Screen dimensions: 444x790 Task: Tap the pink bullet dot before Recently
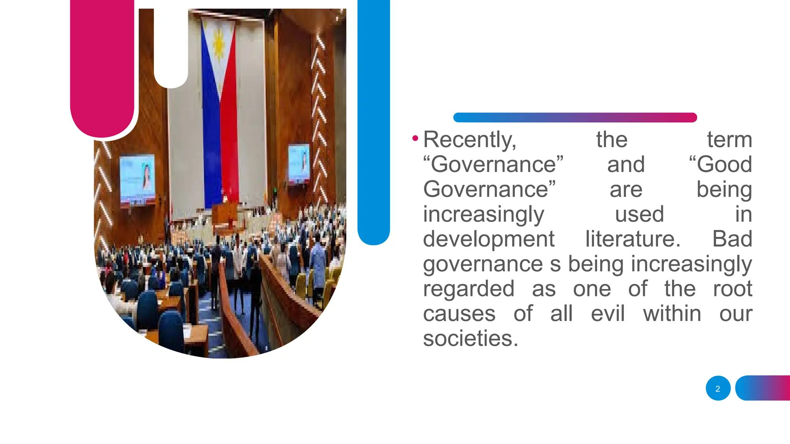coord(415,138)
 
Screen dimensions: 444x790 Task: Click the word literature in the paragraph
coord(633,239)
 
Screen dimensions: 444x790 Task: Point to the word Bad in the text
coord(732,239)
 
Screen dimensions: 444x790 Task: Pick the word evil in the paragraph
coord(608,314)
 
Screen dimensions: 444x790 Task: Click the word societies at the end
coord(470,339)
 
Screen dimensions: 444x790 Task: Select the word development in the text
coord(488,239)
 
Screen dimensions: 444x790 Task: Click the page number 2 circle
coord(718,388)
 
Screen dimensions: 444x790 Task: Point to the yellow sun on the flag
coord(219,43)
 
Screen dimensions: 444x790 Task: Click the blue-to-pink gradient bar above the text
coord(575,118)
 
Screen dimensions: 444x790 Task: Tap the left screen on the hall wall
coord(137,180)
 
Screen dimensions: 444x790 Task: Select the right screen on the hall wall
coord(299,163)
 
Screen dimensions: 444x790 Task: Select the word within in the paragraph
coord(672,314)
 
